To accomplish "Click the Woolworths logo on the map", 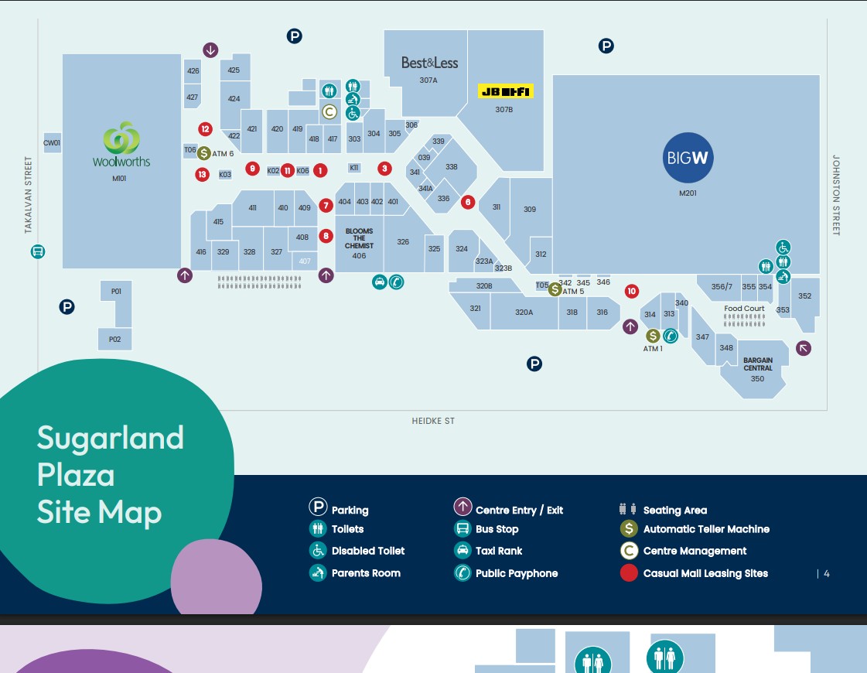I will pyautogui.click(x=121, y=144).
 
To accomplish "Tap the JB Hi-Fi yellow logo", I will pyautogui.click(x=506, y=92).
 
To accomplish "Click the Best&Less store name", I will pyautogui.click(x=429, y=63).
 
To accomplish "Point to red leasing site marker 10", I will pyautogui.click(x=632, y=291).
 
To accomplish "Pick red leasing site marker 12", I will pyautogui.click(x=205, y=129).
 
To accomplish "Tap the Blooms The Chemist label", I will pyautogui.click(x=359, y=238).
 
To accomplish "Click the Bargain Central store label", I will pyautogui.click(x=758, y=364).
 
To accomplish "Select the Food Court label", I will pyautogui.click(x=744, y=309).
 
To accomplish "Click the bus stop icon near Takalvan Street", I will pyautogui.click(x=37, y=251).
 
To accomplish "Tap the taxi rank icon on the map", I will pyautogui.click(x=379, y=282).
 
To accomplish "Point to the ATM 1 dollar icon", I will pyautogui.click(x=653, y=336).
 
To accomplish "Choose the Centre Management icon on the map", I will pyautogui.click(x=329, y=112).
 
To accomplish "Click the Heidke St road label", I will pyautogui.click(x=433, y=422).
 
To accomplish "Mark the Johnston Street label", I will pyautogui.click(x=836, y=195).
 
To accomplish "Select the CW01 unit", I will pyautogui.click(x=52, y=143).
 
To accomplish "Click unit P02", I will pyautogui.click(x=114, y=339).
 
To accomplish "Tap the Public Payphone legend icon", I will pyautogui.click(x=463, y=573).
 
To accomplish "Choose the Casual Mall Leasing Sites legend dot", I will pyautogui.click(x=629, y=573).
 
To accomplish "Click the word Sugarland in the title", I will pyautogui.click(x=110, y=438).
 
